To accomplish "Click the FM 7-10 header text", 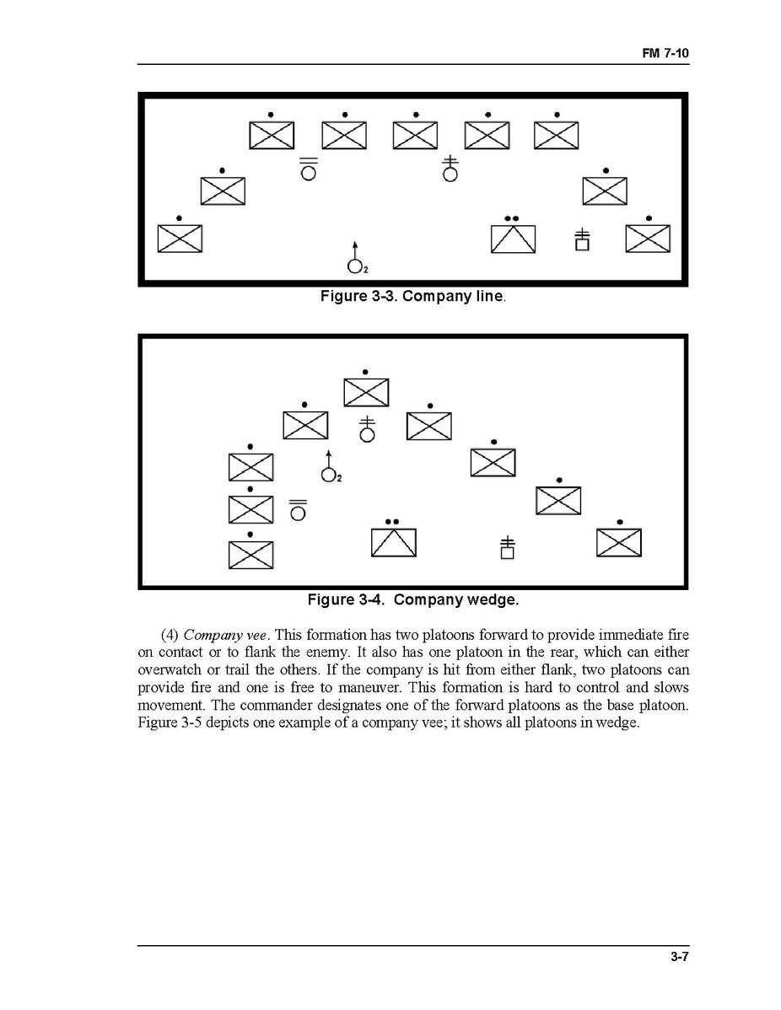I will click(665, 53).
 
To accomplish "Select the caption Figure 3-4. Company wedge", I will click(412, 599).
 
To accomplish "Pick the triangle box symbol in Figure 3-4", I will click(393, 541).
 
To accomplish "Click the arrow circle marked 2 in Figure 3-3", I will click(355, 263).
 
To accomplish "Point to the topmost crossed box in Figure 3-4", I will click(365, 392).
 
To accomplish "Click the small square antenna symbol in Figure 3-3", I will click(582, 240).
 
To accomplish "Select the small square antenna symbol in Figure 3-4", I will click(507, 548).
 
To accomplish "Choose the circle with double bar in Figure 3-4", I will click(298, 511).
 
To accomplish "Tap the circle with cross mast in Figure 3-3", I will click(451, 171).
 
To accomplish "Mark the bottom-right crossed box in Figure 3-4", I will click(618, 542).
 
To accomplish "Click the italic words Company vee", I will click(216, 634).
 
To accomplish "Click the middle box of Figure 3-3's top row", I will click(415, 136).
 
